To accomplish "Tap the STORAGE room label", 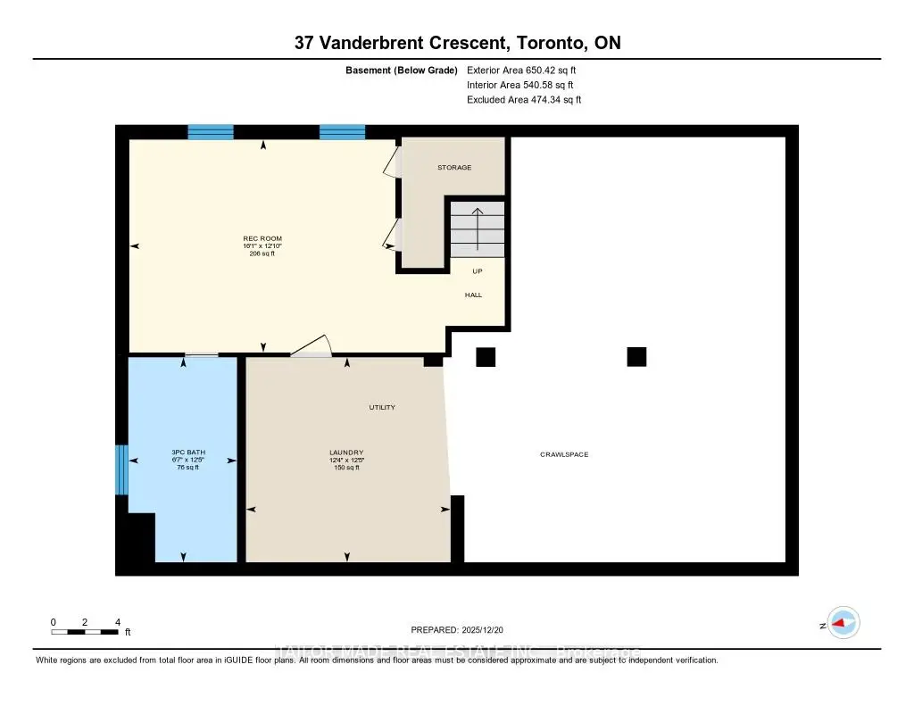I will pos(453,168).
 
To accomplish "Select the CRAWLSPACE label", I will pos(563,455).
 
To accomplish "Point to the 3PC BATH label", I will pos(188,453).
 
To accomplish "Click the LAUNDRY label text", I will pos(345,453).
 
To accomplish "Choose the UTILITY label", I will pos(382,408).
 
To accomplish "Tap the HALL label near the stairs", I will pos(473,295).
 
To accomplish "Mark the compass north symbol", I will pos(842,623).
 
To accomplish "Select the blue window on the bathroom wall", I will pos(122,469).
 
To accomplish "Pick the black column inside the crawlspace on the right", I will pos(636,357).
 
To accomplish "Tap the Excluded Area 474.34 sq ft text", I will pos(524,100).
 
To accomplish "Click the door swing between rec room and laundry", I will pos(312,348).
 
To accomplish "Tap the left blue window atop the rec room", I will pos(211,132).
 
